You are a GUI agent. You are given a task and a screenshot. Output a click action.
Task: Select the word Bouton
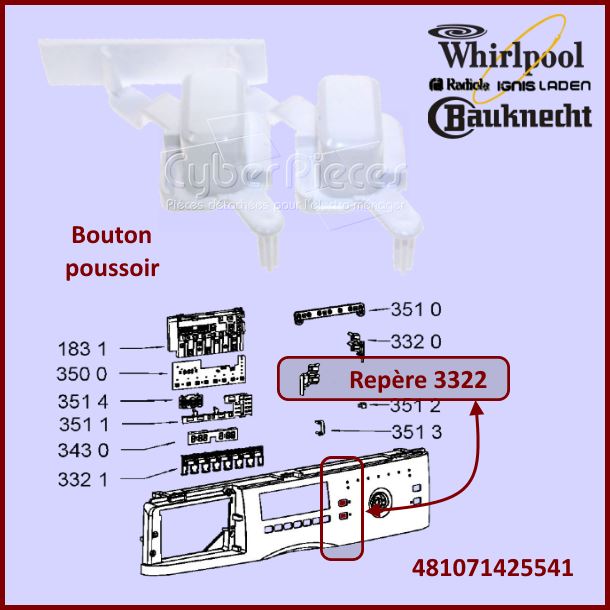[112, 237]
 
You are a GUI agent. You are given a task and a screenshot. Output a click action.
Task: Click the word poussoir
[116, 268]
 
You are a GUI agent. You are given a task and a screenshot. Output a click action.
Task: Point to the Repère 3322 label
[417, 380]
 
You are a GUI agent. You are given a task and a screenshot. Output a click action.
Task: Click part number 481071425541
[493, 569]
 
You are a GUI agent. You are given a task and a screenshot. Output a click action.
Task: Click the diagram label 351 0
[416, 310]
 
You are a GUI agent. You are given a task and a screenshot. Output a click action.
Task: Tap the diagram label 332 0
[416, 341]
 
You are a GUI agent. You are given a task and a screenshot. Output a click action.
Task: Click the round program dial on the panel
[381, 502]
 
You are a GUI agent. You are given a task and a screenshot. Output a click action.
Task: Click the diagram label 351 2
[416, 406]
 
